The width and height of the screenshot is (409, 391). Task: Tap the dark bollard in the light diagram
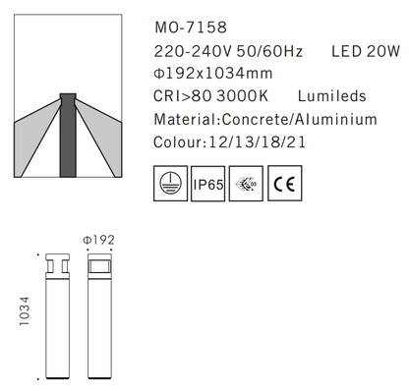[x=67, y=137]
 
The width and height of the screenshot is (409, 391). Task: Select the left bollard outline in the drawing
[x=54, y=314]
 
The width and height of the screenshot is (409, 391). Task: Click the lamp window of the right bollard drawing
[x=99, y=266]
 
